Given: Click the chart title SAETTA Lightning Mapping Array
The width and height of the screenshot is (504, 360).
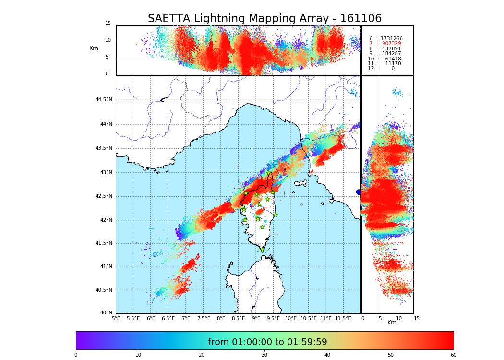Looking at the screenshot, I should tap(264, 19).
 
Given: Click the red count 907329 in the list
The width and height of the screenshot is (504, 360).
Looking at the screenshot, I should tap(391, 44).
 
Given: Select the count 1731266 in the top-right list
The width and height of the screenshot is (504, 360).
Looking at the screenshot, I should tap(391, 38).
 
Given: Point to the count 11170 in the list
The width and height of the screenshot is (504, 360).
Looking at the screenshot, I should tap(393, 63).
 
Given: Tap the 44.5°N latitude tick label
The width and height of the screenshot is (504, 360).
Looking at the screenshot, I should tap(104, 100).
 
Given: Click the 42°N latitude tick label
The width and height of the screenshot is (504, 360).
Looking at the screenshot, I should tap(105, 220).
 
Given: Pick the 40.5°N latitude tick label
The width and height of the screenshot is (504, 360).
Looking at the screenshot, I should tap(104, 290).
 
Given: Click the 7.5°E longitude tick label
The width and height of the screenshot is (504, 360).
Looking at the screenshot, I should tap(204, 318).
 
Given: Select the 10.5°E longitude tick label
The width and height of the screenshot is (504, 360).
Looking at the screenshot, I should tap(309, 318).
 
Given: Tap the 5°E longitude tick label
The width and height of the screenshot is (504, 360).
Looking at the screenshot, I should tap(116, 318).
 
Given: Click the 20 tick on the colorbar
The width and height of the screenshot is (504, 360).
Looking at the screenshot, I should tap(202, 355).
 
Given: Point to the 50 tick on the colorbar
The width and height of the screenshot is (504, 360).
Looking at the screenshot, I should tap(391, 355).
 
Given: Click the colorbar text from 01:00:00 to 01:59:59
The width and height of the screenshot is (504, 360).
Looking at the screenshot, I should tap(267, 342).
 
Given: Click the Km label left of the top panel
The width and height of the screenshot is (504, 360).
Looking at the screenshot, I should tap(94, 48).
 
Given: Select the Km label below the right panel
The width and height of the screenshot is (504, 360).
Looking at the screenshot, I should tap(392, 323).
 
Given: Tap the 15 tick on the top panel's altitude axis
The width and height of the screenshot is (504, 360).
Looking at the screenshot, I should tap(108, 24).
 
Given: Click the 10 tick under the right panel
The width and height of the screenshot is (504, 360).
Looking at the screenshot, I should tap(399, 318).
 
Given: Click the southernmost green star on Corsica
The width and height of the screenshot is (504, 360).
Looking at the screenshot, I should tap(262, 250).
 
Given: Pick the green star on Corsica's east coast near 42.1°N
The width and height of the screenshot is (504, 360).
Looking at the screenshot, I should tap(275, 215).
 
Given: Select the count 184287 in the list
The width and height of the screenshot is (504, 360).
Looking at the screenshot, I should tap(391, 54).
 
